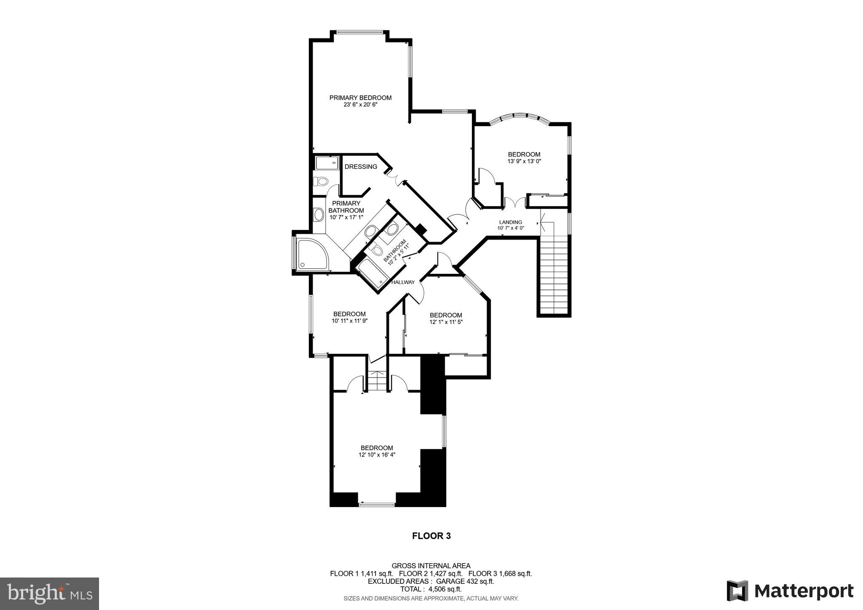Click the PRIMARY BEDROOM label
360,97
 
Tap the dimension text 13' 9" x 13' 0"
524,161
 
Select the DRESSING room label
361,167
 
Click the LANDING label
510,222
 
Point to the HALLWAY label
403,282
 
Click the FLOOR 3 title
431,536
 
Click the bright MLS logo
49,594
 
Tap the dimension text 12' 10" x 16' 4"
377,454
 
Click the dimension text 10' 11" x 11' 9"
349,321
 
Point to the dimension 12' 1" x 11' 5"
446,322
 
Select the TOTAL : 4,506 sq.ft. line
431,589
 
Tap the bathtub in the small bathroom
371,274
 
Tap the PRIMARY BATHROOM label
346,207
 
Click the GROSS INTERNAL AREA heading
431,566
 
